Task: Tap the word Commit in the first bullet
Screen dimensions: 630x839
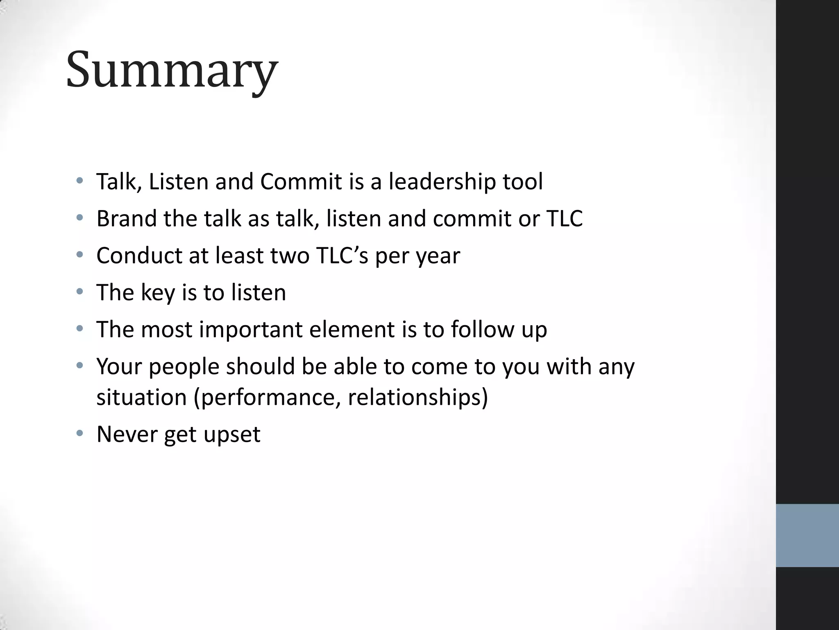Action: click(x=301, y=181)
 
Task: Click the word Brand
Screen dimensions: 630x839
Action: click(x=126, y=218)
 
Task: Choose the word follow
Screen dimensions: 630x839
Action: click(x=482, y=329)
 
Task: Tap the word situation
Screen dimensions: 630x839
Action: click(x=141, y=397)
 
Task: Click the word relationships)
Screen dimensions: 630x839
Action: click(x=418, y=397)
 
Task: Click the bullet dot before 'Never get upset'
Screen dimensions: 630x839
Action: click(x=80, y=433)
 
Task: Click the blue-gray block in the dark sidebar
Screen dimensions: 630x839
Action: click(x=807, y=535)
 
